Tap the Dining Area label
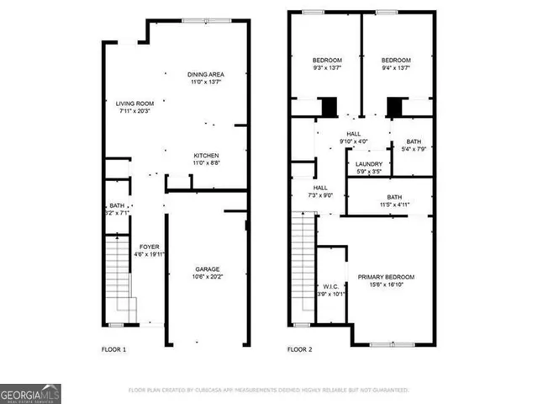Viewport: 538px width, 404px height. (205, 79)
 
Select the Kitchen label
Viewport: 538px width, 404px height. (206, 159)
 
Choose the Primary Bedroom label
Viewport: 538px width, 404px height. (386, 281)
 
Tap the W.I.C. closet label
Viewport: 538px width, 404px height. (330, 290)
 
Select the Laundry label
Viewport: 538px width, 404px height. (369, 167)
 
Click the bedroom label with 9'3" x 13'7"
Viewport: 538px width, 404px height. (327, 65)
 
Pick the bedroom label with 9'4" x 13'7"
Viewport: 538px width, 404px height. (396, 65)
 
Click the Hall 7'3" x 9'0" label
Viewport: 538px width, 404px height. (320, 192)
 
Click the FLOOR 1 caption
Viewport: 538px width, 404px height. (113, 349)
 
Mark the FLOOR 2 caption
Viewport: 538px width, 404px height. (300, 349)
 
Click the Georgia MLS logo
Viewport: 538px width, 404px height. (30, 394)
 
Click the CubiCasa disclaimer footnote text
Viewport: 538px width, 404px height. (268, 391)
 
